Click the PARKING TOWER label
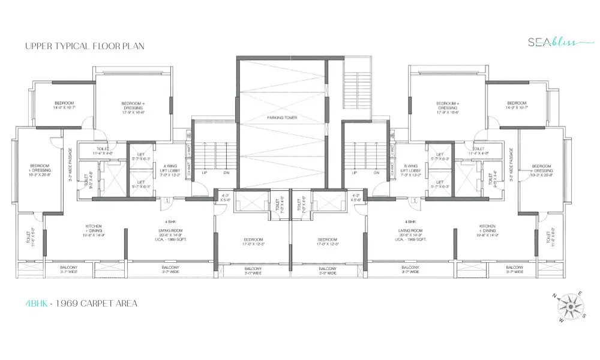pos(282,118)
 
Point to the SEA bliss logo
pos(551,42)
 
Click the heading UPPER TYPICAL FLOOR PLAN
pos(85,46)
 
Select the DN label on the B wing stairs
pos(376,173)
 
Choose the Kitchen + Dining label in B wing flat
pos(489,231)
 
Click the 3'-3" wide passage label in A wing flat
pos(71,165)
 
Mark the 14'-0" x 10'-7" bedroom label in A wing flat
pos(64,104)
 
